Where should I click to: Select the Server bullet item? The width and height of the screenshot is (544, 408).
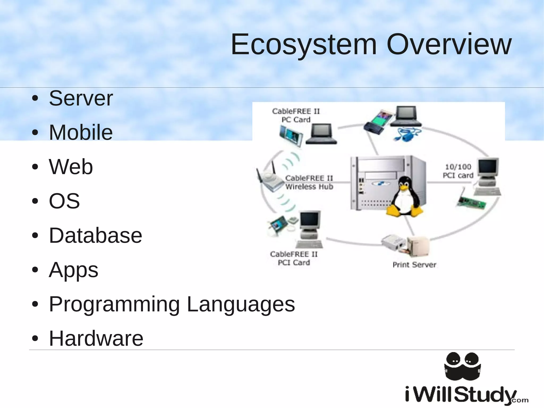pos(81,98)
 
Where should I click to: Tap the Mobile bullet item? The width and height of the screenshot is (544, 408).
pos(81,132)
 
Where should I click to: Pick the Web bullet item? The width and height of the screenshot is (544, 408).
pos(71,167)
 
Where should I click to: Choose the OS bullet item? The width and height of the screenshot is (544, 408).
pos(64,201)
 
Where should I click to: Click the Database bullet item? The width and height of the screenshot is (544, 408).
pos(95,235)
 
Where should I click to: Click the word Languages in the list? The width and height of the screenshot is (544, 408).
pos(241,304)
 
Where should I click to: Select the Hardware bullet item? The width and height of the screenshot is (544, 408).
pos(96,338)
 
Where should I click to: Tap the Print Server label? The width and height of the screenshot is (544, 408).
pos(414,265)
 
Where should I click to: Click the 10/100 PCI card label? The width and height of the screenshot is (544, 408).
pos(458,171)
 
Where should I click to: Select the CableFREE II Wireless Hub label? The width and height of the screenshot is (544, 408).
pos(309,182)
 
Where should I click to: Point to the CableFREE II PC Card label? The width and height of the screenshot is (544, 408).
pos(296,115)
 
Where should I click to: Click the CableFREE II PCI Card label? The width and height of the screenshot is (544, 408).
pos(294,258)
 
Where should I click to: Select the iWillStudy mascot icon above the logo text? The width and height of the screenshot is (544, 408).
pos(462,366)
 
